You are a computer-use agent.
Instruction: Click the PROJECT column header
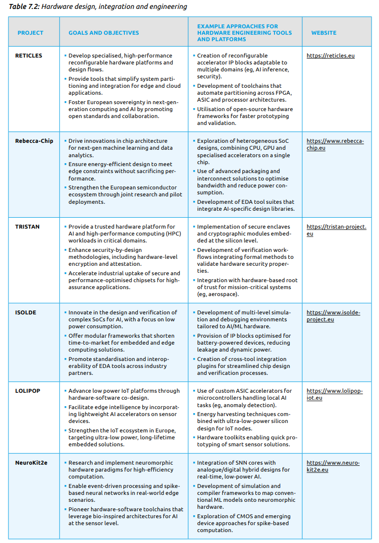click(x=30, y=33)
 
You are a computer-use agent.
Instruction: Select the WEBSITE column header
click(x=324, y=33)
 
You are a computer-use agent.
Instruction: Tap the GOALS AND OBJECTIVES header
click(x=104, y=33)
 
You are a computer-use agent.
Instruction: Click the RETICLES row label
click(x=28, y=56)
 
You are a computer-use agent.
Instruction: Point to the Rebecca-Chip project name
click(x=34, y=141)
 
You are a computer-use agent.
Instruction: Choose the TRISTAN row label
click(x=27, y=227)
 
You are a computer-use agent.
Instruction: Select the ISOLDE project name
click(x=26, y=313)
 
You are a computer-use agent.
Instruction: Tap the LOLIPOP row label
click(x=28, y=391)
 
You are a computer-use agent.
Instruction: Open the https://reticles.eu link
click(x=330, y=56)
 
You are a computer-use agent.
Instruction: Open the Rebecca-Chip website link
click(x=335, y=144)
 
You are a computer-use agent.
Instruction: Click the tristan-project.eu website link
click(x=336, y=230)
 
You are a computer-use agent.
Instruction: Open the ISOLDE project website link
click(x=333, y=316)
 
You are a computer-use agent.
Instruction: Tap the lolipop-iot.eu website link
click(x=334, y=394)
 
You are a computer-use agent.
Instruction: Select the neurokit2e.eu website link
click(x=333, y=466)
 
